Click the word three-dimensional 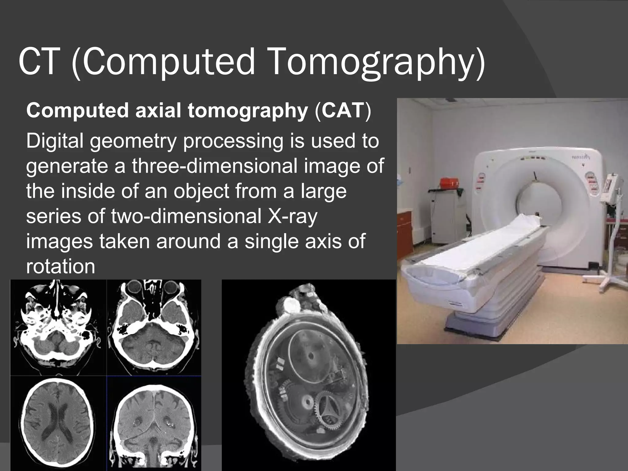(215, 166)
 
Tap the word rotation (60, 266)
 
